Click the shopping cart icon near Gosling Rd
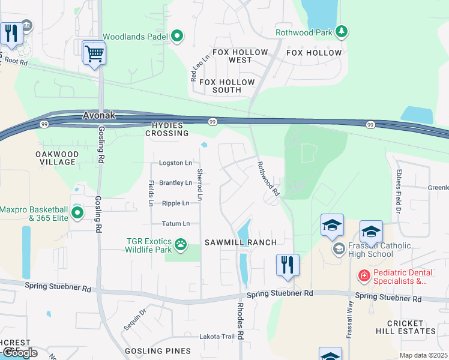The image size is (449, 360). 94,53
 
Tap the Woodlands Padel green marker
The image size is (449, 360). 177,37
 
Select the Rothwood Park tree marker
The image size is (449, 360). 342,32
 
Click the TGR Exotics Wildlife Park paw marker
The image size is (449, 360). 180,244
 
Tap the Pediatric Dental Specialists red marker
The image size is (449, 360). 364,276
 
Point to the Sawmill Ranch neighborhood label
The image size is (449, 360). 240,242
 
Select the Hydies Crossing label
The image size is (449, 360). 166,128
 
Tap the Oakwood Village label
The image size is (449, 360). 56,158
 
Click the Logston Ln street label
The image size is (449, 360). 175,163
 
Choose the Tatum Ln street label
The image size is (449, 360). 176,224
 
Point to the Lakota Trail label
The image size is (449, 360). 217,337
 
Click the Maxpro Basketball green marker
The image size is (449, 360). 77,212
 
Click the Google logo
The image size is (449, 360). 19,353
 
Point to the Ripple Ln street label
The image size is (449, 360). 176,203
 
